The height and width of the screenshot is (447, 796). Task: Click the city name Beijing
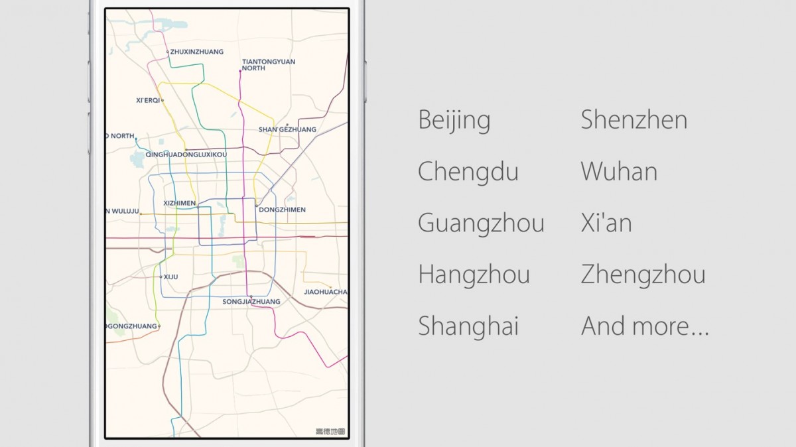(x=454, y=121)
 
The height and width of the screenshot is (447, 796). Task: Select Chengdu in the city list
(x=468, y=172)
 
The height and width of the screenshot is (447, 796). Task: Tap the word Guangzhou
(x=481, y=223)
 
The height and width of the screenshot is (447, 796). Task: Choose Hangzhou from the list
(x=474, y=275)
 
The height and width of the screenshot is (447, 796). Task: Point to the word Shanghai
(x=468, y=326)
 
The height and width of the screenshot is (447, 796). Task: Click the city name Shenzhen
(x=633, y=120)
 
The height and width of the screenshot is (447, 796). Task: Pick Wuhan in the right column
(x=619, y=172)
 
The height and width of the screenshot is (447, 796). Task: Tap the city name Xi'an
(x=606, y=223)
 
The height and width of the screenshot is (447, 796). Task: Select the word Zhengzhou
(x=643, y=275)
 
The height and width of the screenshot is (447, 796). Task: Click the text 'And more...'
(x=645, y=326)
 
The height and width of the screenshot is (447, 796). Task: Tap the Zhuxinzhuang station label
(x=196, y=52)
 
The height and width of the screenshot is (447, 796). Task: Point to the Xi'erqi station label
(x=148, y=101)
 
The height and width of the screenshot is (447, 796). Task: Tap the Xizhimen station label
(x=178, y=204)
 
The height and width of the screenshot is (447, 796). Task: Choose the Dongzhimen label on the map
(x=282, y=210)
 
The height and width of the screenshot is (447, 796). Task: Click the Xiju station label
(x=170, y=277)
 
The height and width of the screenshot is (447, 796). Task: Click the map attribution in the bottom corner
(x=330, y=432)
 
